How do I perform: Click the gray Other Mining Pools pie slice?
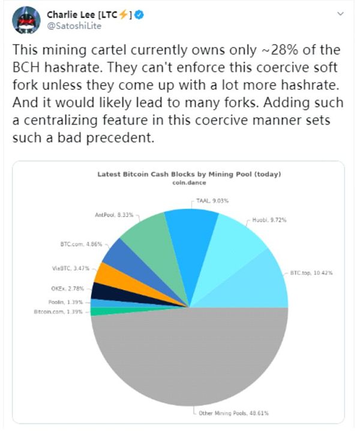tap(189, 360)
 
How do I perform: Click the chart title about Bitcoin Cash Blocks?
tap(189, 175)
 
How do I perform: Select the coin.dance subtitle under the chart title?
tap(189, 183)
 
